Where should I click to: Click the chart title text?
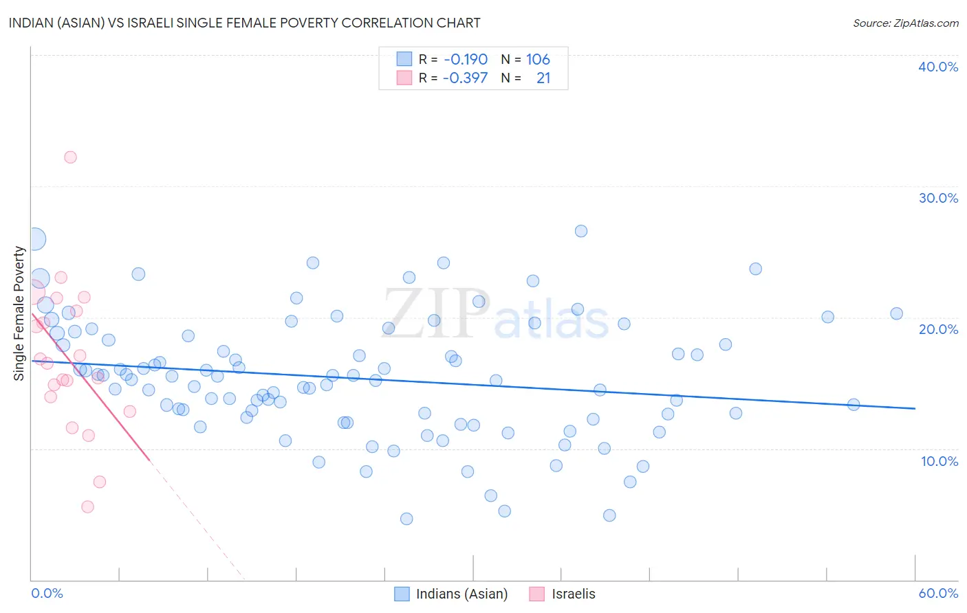click(244, 23)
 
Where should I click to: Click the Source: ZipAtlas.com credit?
click(905, 23)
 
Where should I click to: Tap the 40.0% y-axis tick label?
click(937, 67)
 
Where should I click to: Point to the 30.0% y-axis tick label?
click(937, 198)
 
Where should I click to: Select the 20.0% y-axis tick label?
click(937, 329)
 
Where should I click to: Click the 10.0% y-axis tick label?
click(939, 461)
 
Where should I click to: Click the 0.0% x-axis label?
click(47, 593)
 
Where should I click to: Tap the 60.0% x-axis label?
click(937, 593)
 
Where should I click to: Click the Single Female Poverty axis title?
click(19, 313)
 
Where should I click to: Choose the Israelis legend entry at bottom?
click(573, 594)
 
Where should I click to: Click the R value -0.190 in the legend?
click(466, 60)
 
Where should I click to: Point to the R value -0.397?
click(465, 78)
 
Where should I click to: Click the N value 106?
click(538, 60)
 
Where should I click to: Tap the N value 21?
click(543, 78)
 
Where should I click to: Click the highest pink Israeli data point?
click(70, 157)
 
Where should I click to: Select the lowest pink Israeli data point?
click(87, 506)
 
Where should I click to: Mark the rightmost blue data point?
click(896, 313)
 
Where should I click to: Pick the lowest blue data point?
click(406, 519)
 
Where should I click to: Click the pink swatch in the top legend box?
click(404, 78)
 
